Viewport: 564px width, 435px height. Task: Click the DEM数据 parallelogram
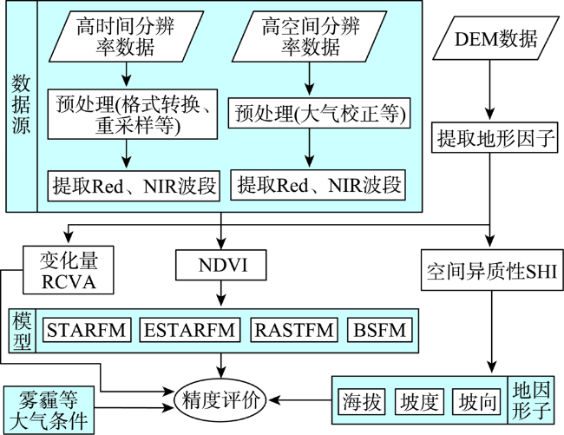[495, 39]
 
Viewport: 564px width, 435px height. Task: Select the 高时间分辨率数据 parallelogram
[126, 36]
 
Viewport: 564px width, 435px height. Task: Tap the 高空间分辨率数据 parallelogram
[310, 36]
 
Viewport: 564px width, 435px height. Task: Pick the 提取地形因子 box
[495, 137]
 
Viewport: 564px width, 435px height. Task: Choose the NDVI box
[221, 265]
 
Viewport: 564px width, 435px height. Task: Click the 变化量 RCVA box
[69, 270]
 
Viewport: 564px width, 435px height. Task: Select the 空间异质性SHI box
[492, 270]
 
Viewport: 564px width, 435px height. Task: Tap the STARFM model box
[87, 330]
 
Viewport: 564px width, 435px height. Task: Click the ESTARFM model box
[190, 330]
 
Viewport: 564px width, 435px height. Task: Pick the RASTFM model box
[294, 330]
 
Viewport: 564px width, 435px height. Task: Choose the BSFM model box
[379, 330]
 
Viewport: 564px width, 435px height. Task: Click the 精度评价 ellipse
[220, 400]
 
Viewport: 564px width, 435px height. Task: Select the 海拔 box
[362, 401]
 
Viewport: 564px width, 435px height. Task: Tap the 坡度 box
[419, 401]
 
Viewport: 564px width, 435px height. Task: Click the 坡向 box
[476, 401]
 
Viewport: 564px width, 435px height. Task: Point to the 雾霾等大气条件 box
[49, 410]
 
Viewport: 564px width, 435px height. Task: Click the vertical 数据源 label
[21, 104]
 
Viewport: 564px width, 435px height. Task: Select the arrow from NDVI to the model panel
[221, 293]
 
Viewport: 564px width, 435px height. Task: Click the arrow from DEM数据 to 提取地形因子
[489, 90]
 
